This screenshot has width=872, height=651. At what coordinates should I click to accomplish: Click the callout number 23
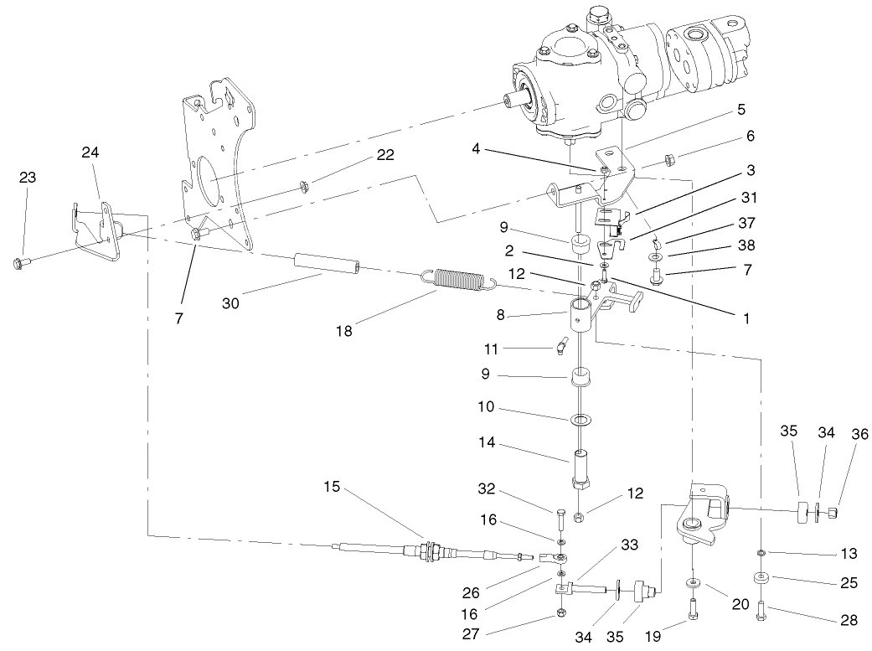pos(28,178)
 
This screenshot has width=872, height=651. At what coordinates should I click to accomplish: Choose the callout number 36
pos(859,434)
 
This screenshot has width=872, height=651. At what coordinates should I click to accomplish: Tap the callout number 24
pos(90,152)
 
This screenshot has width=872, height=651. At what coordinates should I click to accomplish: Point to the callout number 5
pos(740,110)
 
